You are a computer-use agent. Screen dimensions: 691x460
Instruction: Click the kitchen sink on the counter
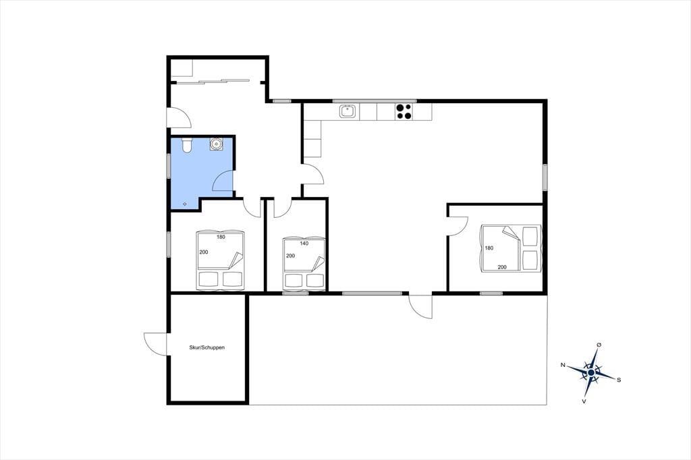pyautogui.click(x=348, y=111)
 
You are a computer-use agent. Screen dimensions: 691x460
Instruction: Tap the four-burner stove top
pyautogui.click(x=404, y=111)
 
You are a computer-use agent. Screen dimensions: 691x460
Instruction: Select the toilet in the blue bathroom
pyautogui.click(x=187, y=145)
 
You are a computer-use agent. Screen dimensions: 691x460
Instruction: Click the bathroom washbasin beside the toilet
pyautogui.click(x=216, y=144)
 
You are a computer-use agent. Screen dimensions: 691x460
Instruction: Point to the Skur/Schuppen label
pyautogui.click(x=207, y=347)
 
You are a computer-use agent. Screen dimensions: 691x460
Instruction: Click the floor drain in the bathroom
pyautogui.click(x=185, y=204)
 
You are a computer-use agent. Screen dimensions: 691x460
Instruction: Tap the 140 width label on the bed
pyautogui.click(x=304, y=243)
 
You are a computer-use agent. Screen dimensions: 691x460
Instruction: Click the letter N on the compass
pyautogui.click(x=563, y=365)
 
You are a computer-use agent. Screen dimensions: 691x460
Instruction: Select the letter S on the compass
pyautogui.click(x=619, y=380)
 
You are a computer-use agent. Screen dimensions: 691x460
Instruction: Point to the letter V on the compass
pyautogui.click(x=584, y=401)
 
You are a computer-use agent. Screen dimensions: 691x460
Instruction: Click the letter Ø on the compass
pyautogui.click(x=599, y=344)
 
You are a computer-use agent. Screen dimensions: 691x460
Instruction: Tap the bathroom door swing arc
pyautogui.click(x=223, y=181)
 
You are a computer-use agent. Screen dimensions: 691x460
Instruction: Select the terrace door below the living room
pyautogui.click(x=420, y=306)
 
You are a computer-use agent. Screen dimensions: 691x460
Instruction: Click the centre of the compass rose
pyautogui.click(x=591, y=372)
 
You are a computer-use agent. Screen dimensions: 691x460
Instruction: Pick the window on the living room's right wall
pyautogui.click(x=545, y=177)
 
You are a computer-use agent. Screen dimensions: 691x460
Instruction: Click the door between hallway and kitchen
pyautogui.click(x=313, y=174)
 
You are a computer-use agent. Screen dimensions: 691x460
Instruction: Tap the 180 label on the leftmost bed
pyautogui.click(x=221, y=237)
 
